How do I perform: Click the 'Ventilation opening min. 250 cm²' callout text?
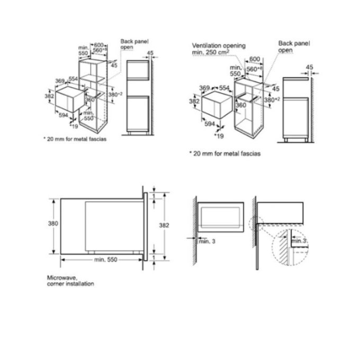(x=218, y=49)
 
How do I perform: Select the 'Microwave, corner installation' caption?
(x=69, y=281)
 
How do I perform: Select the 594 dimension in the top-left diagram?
(x=64, y=115)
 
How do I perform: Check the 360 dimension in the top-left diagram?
(x=89, y=99)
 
